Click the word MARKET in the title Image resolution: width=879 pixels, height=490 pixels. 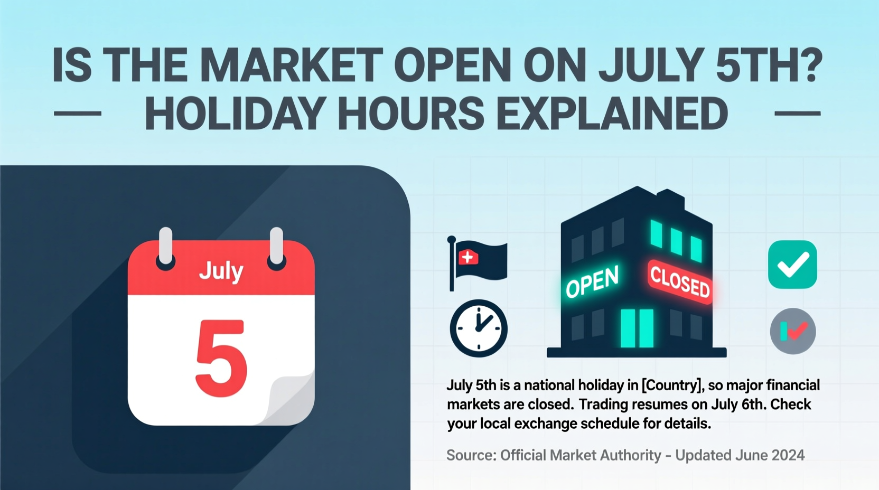click(291, 65)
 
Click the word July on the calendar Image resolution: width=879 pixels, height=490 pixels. click(221, 271)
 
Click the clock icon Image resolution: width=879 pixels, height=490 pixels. click(479, 328)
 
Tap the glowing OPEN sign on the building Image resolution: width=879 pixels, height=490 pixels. click(592, 281)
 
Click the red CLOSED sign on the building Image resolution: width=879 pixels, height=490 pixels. click(680, 281)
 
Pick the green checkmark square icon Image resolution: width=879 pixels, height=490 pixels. click(792, 264)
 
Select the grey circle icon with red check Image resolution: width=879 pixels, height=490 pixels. click(792, 332)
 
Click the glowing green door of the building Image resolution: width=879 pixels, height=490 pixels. click(637, 328)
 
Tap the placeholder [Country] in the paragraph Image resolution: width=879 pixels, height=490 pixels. click(672, 385)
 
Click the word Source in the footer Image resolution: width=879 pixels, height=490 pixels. click(470, 455)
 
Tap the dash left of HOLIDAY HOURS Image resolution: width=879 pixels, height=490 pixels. click(78, 114)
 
